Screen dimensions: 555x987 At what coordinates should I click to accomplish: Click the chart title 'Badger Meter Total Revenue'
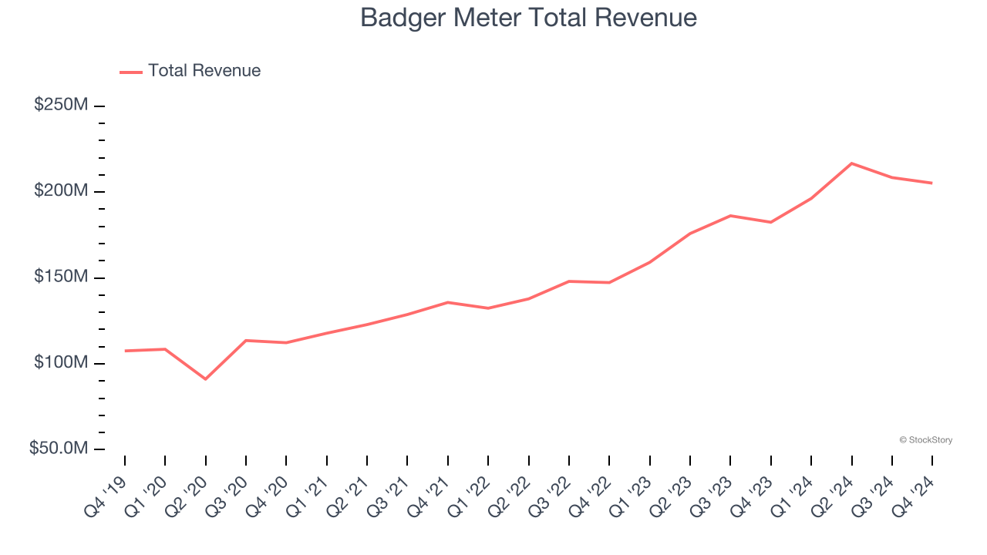click(x=528, y=18)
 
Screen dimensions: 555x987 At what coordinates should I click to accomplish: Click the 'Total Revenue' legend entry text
click(x=204, y=71)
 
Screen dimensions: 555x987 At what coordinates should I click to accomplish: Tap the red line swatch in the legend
click(x=131, y=72)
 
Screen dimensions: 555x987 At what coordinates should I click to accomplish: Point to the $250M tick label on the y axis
click(x=61, y=105)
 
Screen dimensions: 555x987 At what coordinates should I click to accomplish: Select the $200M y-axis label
click(x=61, y=190)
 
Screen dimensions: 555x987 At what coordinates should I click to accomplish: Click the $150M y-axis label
click(x=61, y=277)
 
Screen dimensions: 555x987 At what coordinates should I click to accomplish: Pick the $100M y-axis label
click(x=61, y=362)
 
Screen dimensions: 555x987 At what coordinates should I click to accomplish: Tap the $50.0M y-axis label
click(x=59, y=449)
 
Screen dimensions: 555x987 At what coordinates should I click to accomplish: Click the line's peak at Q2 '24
click(x=851, y=163)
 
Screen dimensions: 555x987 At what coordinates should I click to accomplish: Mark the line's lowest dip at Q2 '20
click(x=206, y=378)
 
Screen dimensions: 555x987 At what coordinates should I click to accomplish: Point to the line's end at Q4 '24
click(x=931, y=183)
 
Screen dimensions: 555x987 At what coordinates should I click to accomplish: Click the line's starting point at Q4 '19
click(x=125, y=351)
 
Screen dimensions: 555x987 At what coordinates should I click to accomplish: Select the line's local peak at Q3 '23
click(x=730, y=216)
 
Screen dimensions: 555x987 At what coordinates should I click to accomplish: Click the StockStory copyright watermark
click(x=925, y=440)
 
